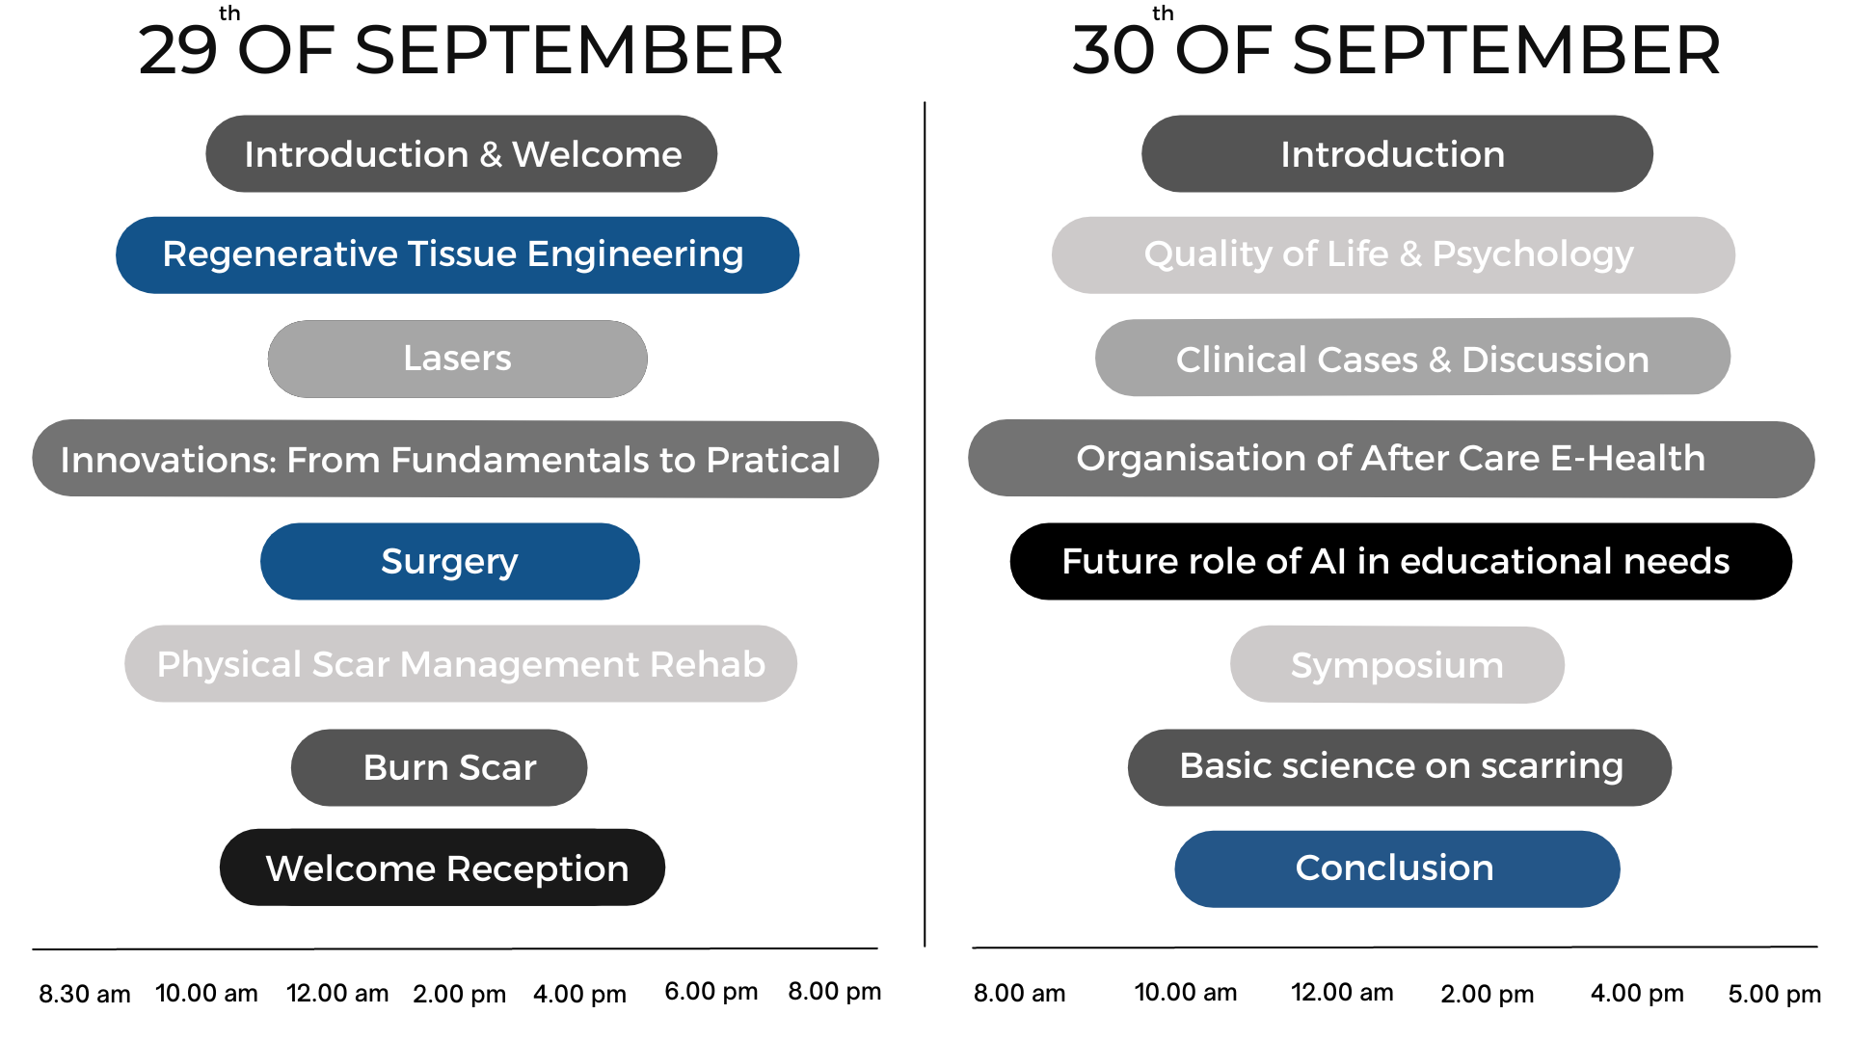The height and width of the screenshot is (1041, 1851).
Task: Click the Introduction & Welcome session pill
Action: (x=461, y=154)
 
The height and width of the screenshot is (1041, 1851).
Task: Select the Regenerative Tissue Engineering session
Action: (x=457, y=255)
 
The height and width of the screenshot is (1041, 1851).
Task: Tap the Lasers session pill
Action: (x=457, y=359)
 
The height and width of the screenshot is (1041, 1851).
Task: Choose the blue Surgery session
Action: (x=450, y=561)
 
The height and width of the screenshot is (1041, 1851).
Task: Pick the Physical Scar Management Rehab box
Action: (x=461, y=664)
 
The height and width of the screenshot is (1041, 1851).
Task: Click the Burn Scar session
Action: (x=440, y=767)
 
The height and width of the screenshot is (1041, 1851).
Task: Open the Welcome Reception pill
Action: (x=443, y=867)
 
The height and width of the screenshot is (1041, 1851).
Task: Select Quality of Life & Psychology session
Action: (x=1393, y=255)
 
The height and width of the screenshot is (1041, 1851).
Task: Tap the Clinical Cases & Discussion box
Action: (x=1412, y=357)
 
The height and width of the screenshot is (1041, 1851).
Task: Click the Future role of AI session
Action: (x=1401, y=561)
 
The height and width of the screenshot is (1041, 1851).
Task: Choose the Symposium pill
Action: (x=1397, y=665)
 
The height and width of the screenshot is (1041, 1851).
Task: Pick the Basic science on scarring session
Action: (x=1400, y=767)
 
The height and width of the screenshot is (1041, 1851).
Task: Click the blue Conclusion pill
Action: (x=1397, y=868)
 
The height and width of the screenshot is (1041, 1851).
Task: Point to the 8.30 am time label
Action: (x=85, y=994)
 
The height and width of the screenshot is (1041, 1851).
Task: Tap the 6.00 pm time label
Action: (x=711, y=992)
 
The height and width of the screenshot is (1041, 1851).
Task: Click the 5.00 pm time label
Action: (x=1775, y=994)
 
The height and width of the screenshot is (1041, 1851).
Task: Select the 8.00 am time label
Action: (x=1019, y=993)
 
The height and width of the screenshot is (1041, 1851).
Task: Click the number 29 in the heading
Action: (x=177, y=50)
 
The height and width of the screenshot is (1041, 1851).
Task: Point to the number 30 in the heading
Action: (x=1113, y=50)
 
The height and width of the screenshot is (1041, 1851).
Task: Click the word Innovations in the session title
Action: (x=168, y=460)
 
